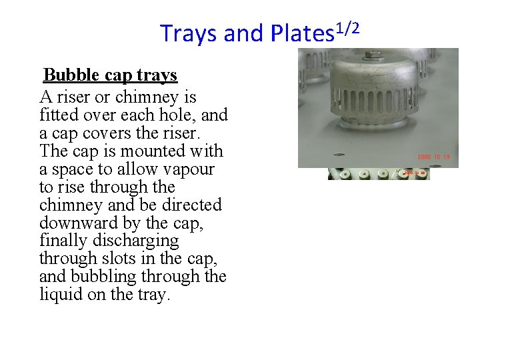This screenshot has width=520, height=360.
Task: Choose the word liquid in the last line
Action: pyautogui.click(x=61, y=295)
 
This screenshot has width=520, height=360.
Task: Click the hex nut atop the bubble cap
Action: pyautogui.click(x=374, y=55)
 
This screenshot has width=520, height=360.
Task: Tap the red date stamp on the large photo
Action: pyautogui.click(x=435, y=157)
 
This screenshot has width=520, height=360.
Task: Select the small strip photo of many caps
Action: pyautogui.click(x=379, y=174)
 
